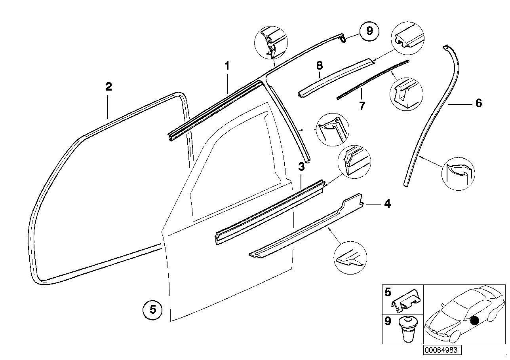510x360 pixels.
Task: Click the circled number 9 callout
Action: pyautogui.click(x=369, y=30)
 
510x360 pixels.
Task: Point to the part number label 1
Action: pyautogui.click(x=227, y=66)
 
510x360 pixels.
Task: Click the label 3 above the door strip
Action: pyautogui.click(x=301, y=167)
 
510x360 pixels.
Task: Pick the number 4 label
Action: pyautogui.click(x=387, y=204)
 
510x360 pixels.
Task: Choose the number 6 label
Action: pyautogui.click(x=478, y=104)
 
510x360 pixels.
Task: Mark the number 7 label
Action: pyautogui.click(x=362, y=106)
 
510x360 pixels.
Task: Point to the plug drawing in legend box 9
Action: pyautogui.click(x=406, y=329)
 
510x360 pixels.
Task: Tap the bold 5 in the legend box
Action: pyautogui.click(x=388, y=293)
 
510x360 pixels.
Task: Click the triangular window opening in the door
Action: pyautogui.click(x=234, y=174)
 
